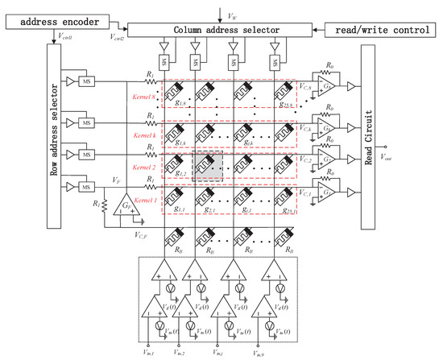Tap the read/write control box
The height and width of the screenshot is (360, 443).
coord(380,31)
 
